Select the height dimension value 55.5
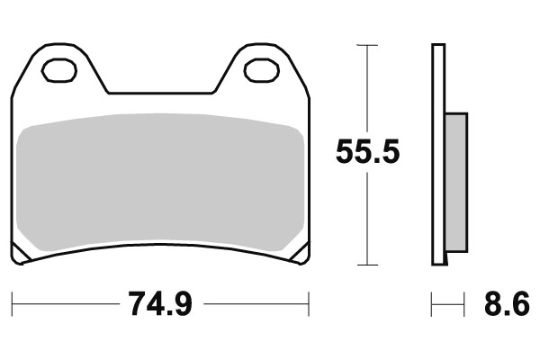[367, 150]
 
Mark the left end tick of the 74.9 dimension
[13, 304]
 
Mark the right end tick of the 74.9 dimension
[309, 304]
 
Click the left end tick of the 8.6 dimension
[432, 304]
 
